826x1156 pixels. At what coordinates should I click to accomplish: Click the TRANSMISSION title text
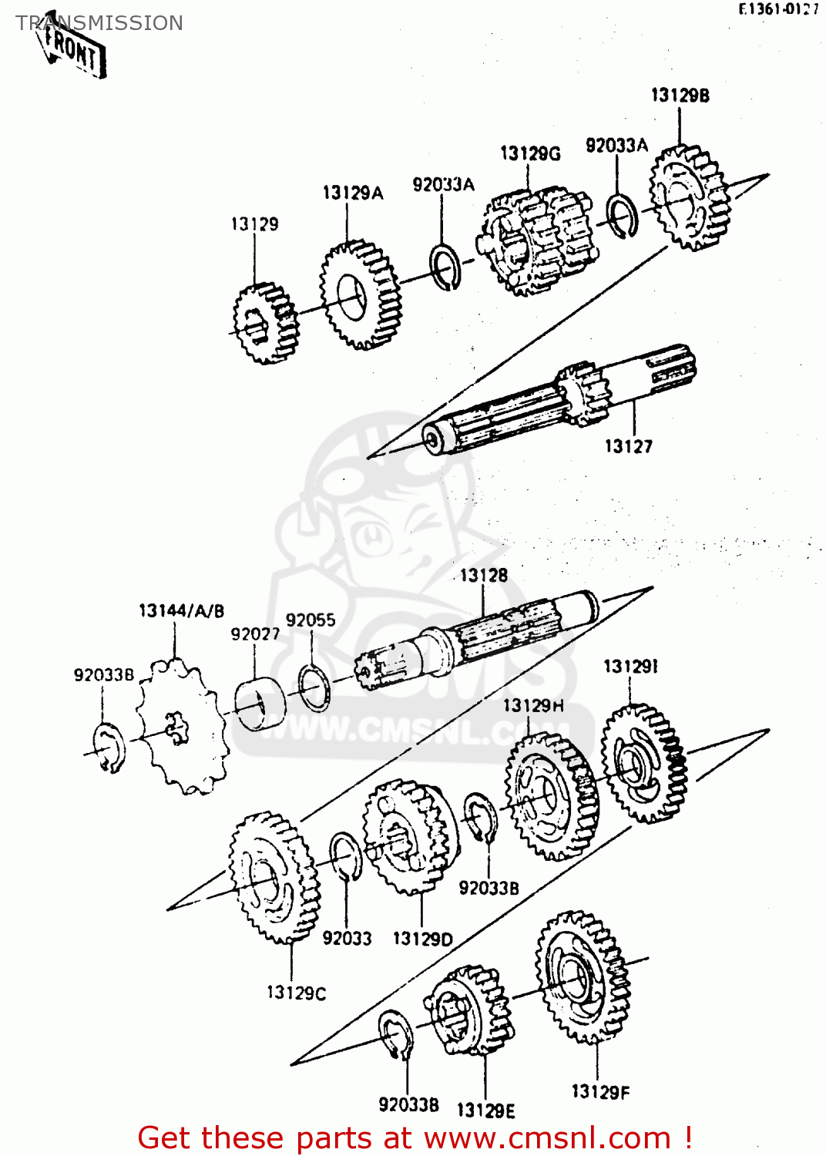tap(99, 23)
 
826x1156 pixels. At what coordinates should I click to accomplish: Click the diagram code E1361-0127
tap(777, 9)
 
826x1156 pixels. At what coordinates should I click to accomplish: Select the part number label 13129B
tap(680, 96)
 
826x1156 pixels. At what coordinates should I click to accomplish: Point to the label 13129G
tap(530, 153)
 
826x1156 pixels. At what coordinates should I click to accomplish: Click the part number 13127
tap(628, 446)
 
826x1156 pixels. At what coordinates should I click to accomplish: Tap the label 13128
tap(484, 576)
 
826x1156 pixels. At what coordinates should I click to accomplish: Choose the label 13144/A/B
tap(181, 611)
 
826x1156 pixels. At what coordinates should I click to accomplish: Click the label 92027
tap(255, 634)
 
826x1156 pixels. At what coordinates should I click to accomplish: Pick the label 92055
tap(311, 620)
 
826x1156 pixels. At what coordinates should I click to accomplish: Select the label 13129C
tap(296, 993)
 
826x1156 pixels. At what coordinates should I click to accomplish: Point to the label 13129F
tap(599, 1092)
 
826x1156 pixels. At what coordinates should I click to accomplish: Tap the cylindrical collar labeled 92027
tap(260, 703)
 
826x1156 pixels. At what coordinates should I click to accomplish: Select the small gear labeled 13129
tap(264, 322)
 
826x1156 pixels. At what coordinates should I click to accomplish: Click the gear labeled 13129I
tap(643, 763)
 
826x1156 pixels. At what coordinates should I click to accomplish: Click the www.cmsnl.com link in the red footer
tap(547, 1138)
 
